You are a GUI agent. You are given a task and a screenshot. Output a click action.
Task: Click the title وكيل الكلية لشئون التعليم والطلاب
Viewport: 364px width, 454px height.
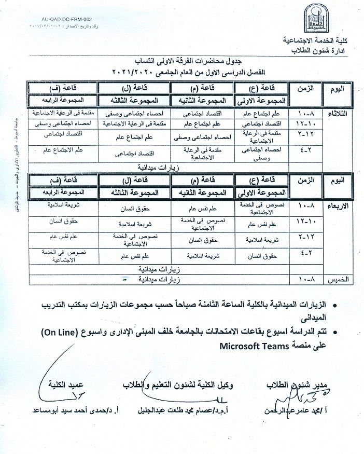(x=179, y=385)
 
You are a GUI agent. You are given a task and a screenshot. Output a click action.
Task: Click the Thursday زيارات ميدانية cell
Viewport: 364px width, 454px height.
(x=156, y=280)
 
